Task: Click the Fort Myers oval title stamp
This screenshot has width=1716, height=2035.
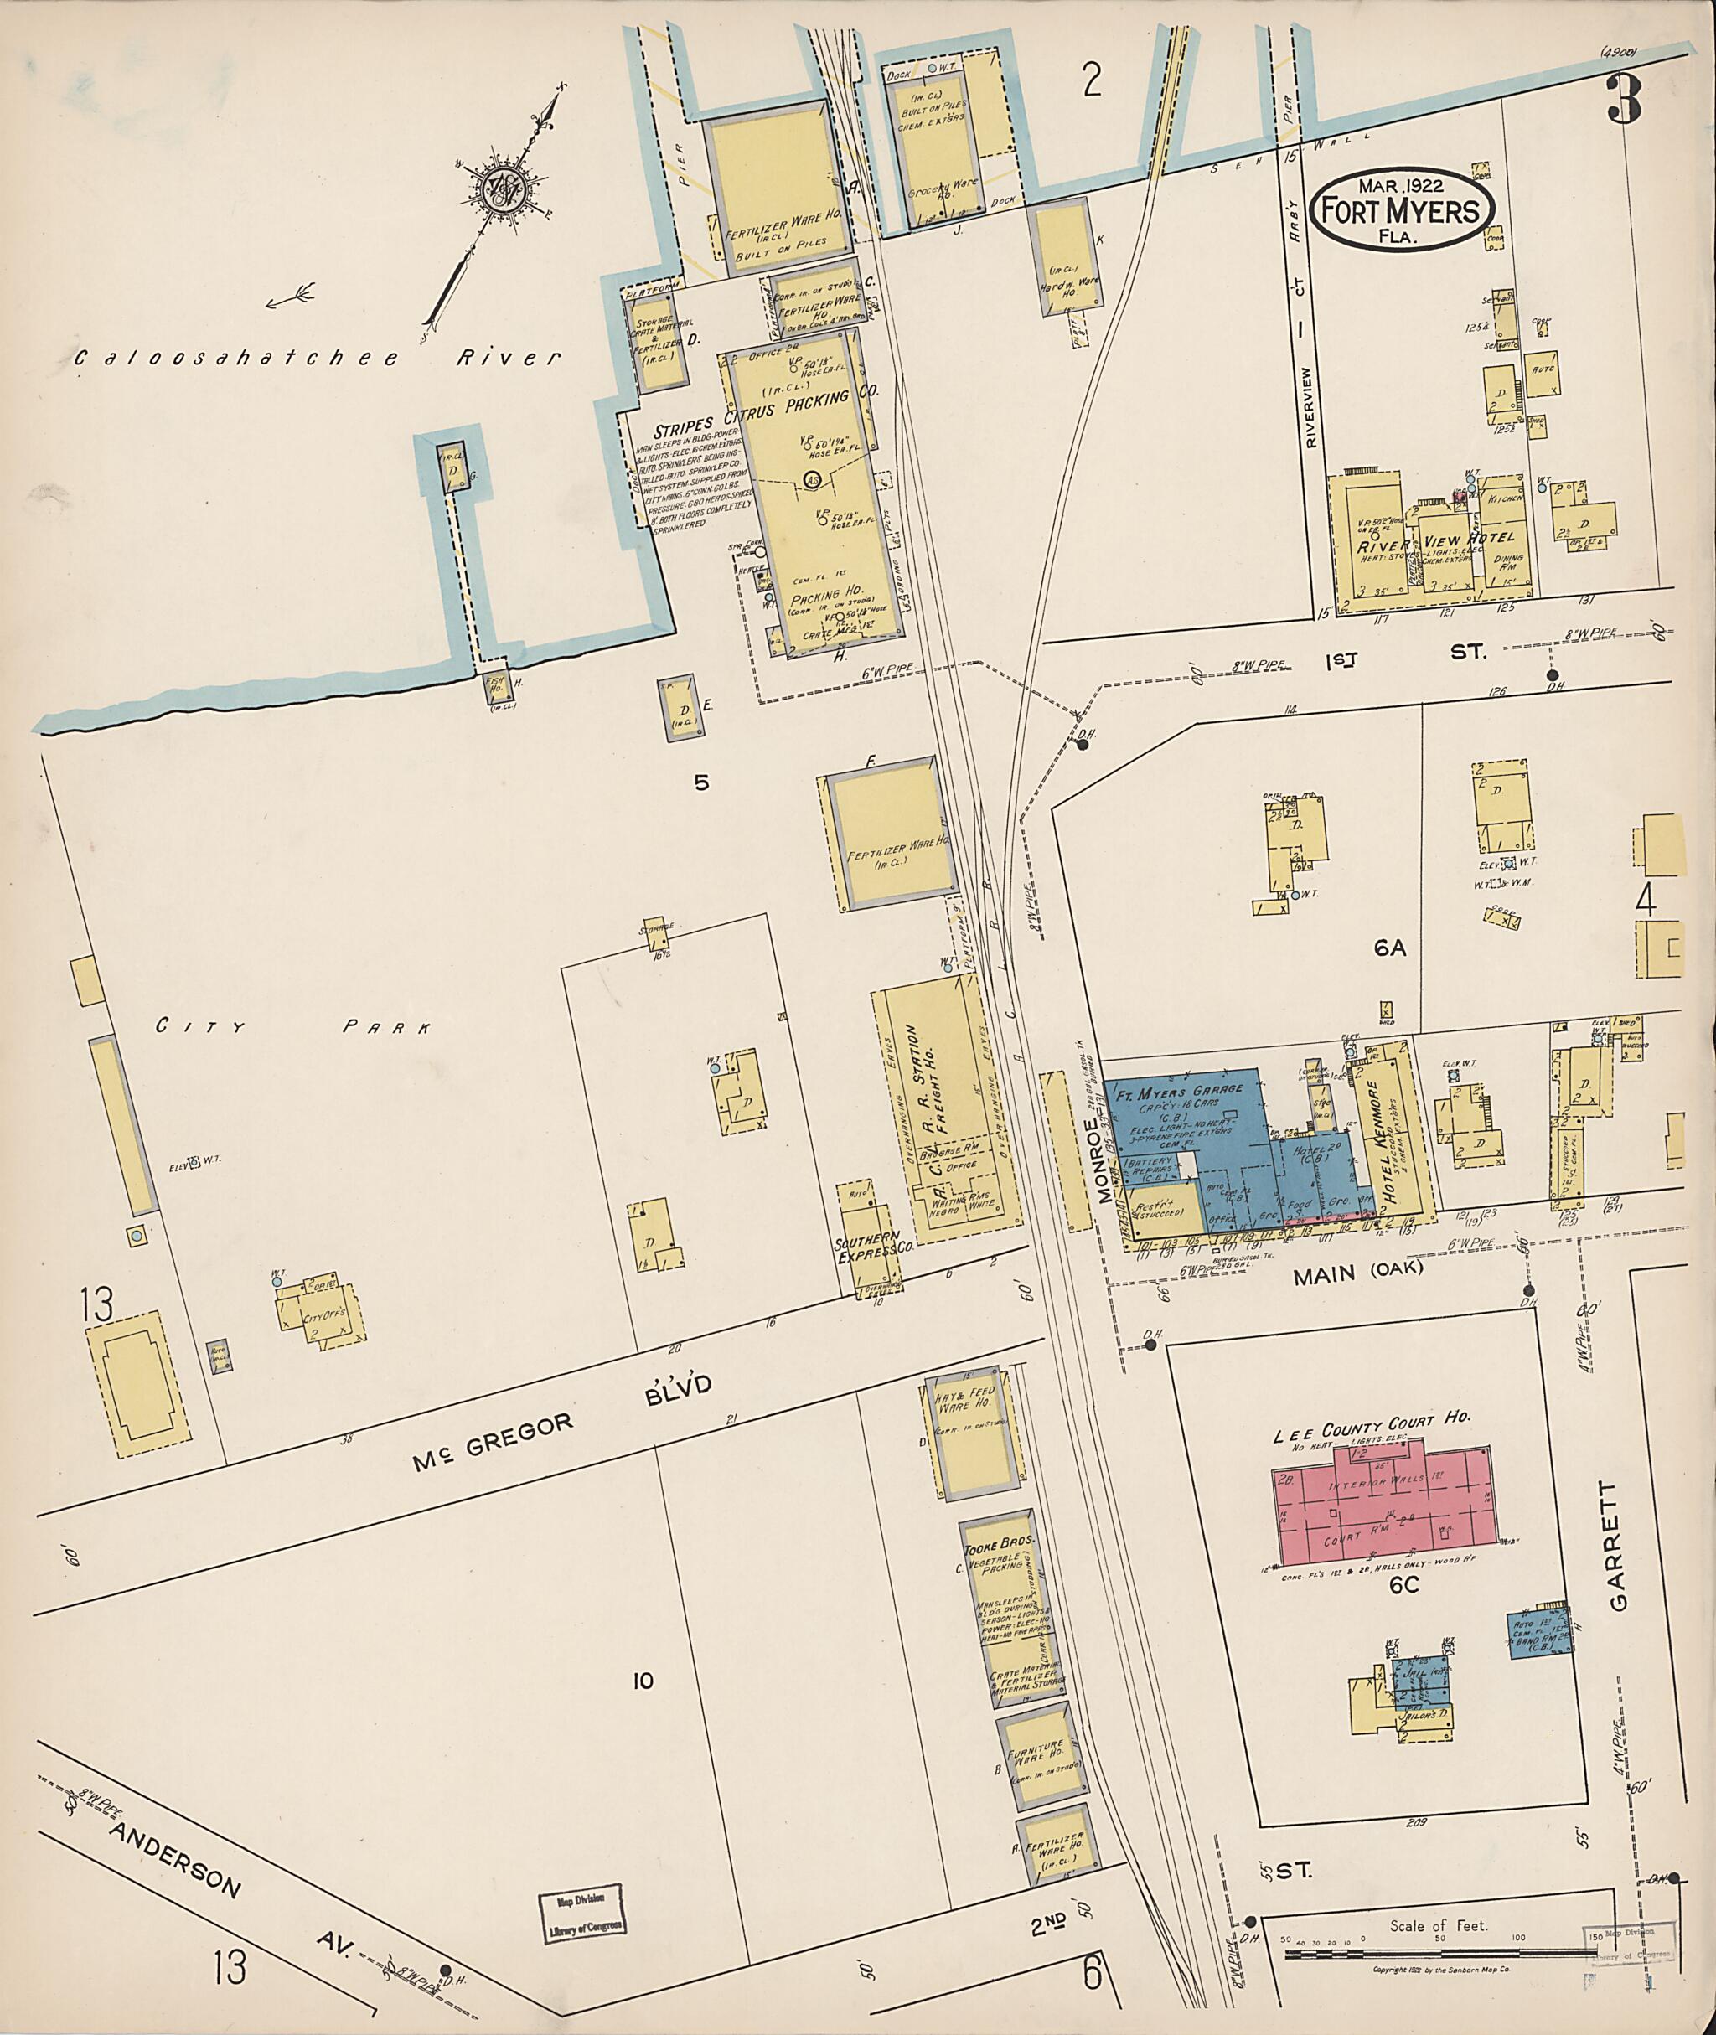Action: (x=1400, y=209)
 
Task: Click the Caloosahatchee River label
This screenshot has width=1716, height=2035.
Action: (x=317, y=358)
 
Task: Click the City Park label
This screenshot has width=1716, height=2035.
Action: (x=292, y=1026)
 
